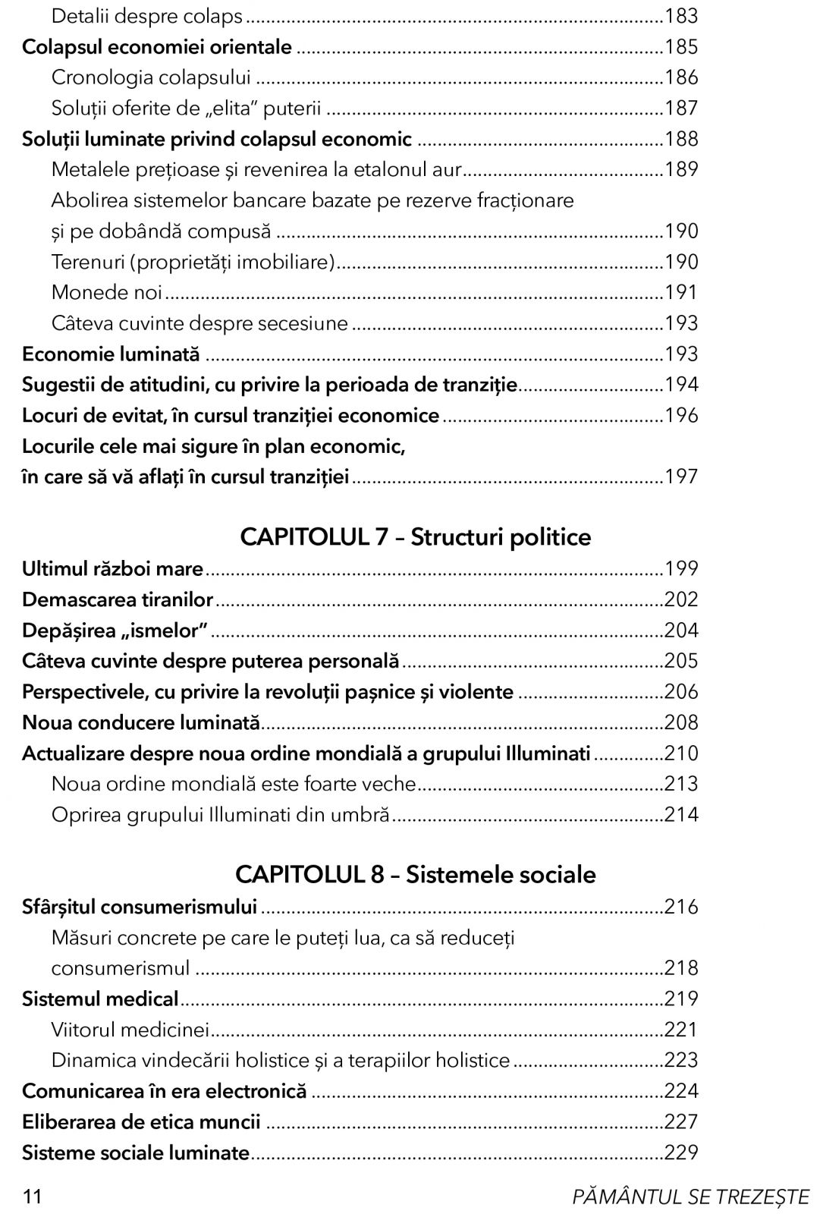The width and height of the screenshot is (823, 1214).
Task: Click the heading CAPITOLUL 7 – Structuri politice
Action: click(415, 537)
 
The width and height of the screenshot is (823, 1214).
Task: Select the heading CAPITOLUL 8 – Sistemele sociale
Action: click(415, 874)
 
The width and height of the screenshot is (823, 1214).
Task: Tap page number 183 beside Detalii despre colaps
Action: click(680, 16)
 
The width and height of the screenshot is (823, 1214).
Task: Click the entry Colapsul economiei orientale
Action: click(157, 47)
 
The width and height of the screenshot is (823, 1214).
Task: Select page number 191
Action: click(680, 292)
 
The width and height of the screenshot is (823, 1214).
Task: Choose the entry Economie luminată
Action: click(111, 354)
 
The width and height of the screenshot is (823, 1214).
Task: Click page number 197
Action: click(680, 476)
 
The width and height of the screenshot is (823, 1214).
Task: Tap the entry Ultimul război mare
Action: click(113, 568)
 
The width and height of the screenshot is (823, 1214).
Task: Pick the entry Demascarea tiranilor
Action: click(118, 599)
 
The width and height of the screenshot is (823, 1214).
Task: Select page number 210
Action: click(680, 753)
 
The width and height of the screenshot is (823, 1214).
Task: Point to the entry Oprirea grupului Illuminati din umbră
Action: click(220, 814)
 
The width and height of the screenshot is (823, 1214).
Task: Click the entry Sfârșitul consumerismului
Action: click(140, 906)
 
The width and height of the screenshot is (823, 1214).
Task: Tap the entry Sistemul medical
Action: click(100, 998)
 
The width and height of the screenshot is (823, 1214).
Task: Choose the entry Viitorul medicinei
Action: click(130, 1029)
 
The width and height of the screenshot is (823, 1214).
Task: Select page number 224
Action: click(680, 1090)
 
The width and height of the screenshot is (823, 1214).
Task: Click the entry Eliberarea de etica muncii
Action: click(141, 1121)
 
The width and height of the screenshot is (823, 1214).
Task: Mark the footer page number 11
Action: click(32, 1197)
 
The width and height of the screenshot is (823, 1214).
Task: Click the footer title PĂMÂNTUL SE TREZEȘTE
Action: click(691, 1197)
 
